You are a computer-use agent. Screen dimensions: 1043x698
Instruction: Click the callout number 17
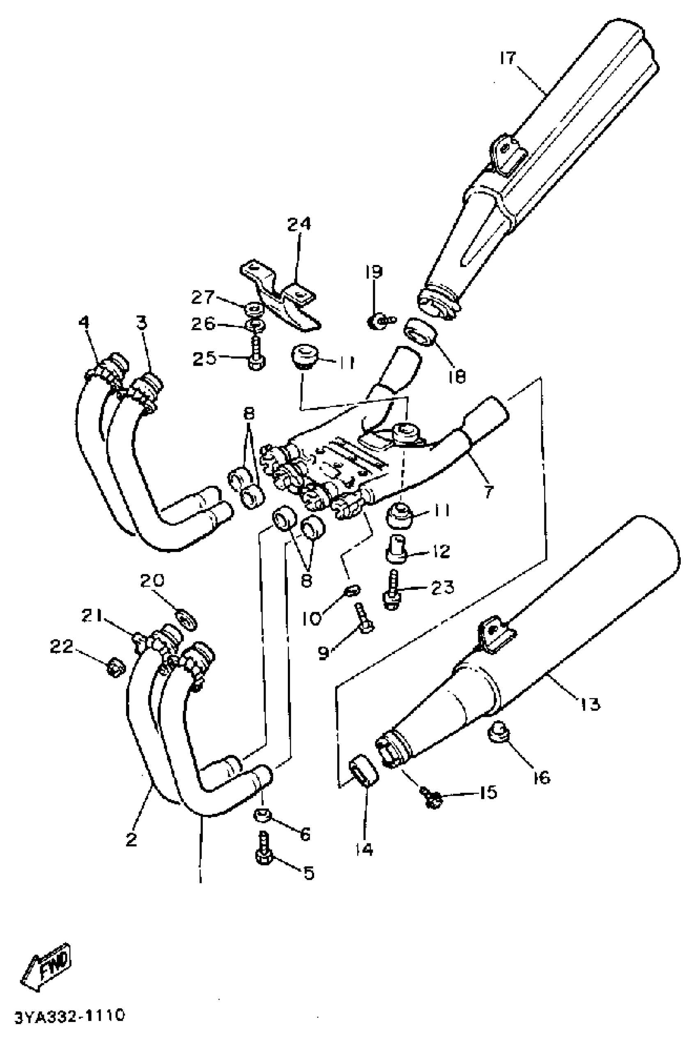pyautogui.click(x=507, y=58)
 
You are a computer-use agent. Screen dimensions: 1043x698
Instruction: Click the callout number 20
pyautogui.click(x=152, y=580)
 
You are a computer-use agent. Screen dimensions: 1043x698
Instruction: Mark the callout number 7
pyautogui.click(x=489, y=492)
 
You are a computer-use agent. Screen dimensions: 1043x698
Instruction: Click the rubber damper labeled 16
pyautogui.click(x=498, y=732)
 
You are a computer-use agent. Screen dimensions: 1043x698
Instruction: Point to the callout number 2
pyautogui.click(x=131, y=840)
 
